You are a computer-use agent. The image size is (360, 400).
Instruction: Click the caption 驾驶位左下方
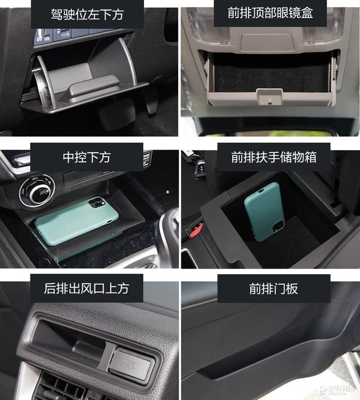[x=87, y=14]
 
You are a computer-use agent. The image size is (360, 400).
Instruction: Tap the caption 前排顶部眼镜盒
[x=270, y=13]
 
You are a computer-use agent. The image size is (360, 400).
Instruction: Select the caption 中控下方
[x=87, y=157]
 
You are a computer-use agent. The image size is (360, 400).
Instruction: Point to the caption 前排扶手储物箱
[x=273, y=157]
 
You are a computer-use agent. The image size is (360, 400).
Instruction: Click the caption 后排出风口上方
[x=87, y=289]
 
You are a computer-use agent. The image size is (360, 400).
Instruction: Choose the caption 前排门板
[x=273, y=289]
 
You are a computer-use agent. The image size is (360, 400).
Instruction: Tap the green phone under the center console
[x=76, y=220]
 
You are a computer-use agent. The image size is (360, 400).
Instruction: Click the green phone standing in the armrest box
[x=264, y=211]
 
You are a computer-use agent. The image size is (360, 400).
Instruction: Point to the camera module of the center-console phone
[x=97, y=203]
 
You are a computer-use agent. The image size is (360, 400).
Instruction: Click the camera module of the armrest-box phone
[x=277, y=226]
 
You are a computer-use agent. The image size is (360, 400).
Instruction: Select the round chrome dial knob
[x=37, y=190]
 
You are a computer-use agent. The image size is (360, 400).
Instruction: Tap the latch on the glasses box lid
[x=269, y=97]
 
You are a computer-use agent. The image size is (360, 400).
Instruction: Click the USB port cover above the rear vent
[x=131, y=363]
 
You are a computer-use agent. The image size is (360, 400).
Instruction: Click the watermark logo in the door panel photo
[x=338, y=389]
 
